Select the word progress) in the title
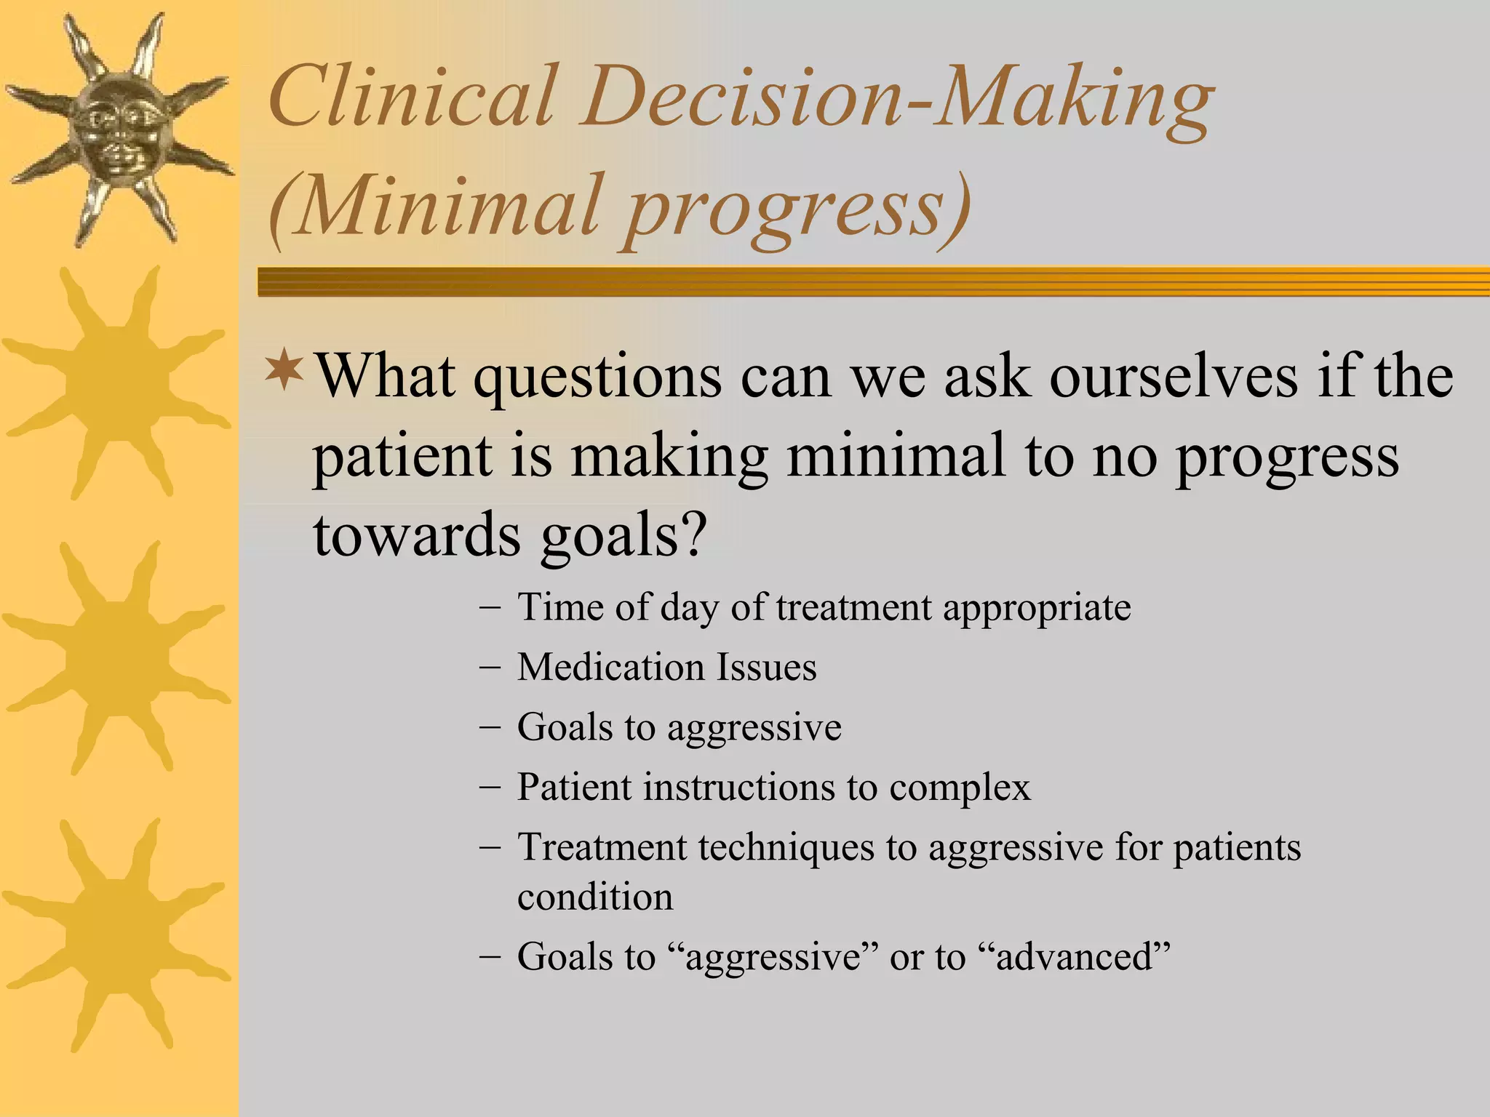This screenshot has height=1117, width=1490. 797,207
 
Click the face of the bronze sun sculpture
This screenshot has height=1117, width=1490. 116,127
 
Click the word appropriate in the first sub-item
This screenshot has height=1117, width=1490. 1037,607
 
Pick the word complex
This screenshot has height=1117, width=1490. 960,788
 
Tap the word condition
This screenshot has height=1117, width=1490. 595,897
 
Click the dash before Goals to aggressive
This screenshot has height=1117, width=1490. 490,727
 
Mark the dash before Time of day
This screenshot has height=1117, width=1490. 490,607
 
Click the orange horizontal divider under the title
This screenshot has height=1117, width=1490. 873,281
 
